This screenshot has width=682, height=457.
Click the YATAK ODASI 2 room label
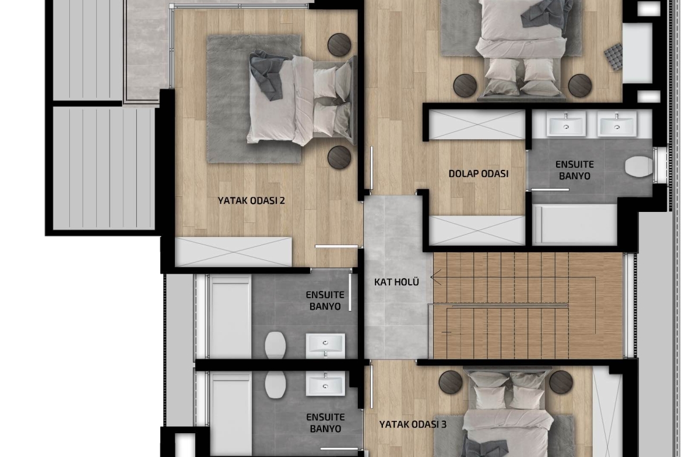[x=251, y=201]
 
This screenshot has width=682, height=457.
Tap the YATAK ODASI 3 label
[x=413, y=424]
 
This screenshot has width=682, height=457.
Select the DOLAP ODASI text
[x=479, y=173]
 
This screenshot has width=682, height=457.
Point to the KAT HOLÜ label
[x=396, y=282]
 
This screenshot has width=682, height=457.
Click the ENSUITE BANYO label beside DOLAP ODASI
[x=575, y=171]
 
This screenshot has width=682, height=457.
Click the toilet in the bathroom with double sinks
[x=638, y=167]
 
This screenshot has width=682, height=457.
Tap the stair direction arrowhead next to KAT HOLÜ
[x=436, y=277]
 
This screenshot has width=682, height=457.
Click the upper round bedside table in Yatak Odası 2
[x=339, y=45]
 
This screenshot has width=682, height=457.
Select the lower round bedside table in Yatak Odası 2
[x=339, y=157]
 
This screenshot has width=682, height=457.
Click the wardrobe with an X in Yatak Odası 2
[x=234, y=251]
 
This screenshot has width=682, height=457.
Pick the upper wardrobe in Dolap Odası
[x=477, y=125]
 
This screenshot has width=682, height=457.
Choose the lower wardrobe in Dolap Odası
[x=477, y=230]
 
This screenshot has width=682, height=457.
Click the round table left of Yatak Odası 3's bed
[x=451, y=382]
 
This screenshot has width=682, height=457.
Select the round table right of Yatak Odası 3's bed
[x=561, y=382]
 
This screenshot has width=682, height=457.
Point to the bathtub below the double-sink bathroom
[x=575, y=224]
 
